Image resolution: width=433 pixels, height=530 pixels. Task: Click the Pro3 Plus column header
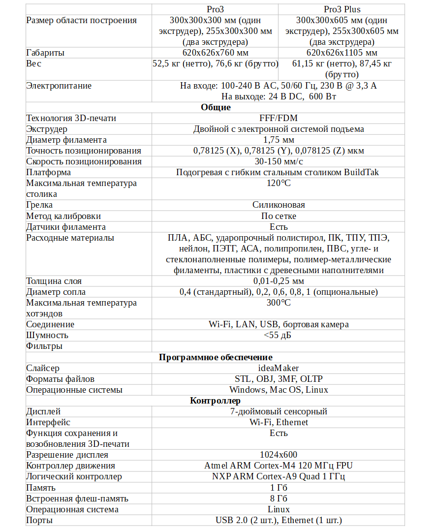(341, 9)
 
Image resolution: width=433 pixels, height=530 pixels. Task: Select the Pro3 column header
(215, 9)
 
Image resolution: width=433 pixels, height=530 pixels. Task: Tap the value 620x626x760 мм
(215, 53)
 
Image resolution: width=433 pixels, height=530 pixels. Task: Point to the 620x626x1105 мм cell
(341, 53)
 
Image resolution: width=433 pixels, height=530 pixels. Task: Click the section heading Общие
(216, 107)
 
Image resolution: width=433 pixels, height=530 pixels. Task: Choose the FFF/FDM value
(278, 118)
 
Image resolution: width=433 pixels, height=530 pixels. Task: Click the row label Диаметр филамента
(66, 140)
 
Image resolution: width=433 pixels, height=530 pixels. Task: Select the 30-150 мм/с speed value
(278, 161)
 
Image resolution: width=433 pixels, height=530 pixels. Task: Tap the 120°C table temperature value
(278, 183)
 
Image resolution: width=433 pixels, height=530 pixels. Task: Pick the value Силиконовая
(278, 205)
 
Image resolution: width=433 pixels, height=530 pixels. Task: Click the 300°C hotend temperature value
(278, 303)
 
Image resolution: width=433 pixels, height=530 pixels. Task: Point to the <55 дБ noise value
(278, 335)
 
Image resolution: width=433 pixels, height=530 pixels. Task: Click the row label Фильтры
(44, 346)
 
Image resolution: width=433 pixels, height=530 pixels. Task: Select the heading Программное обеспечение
(216, 357)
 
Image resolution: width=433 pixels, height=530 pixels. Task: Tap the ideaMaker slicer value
(278, 368)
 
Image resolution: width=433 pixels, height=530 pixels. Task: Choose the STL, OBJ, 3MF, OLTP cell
(278, 379)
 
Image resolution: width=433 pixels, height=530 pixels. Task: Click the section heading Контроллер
(216, 401)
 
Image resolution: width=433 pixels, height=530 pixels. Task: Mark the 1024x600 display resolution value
(278, 455)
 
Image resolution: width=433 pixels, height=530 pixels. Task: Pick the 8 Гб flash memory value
(278, 499)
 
